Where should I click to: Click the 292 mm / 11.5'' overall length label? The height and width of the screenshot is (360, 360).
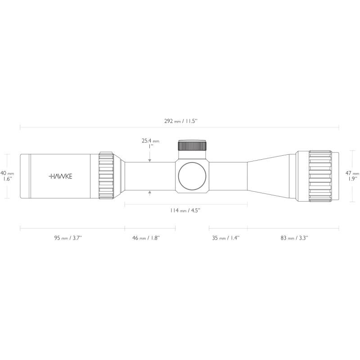click(x=180, y=121)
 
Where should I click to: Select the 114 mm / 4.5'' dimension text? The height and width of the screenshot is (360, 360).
click(x=185, y=210)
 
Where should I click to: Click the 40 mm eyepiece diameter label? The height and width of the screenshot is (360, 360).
click(x=7, y=173)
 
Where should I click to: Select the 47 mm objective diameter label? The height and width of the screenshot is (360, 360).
click(x=352, y=173)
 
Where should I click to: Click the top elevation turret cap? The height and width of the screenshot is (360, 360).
click(x=193, y=145)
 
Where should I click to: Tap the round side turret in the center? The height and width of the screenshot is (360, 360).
click(x=193, y=176)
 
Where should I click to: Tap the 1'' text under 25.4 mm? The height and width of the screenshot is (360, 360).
click(x=151, y=146)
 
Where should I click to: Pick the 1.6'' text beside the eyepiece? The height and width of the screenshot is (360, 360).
click(x=7, y=179)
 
